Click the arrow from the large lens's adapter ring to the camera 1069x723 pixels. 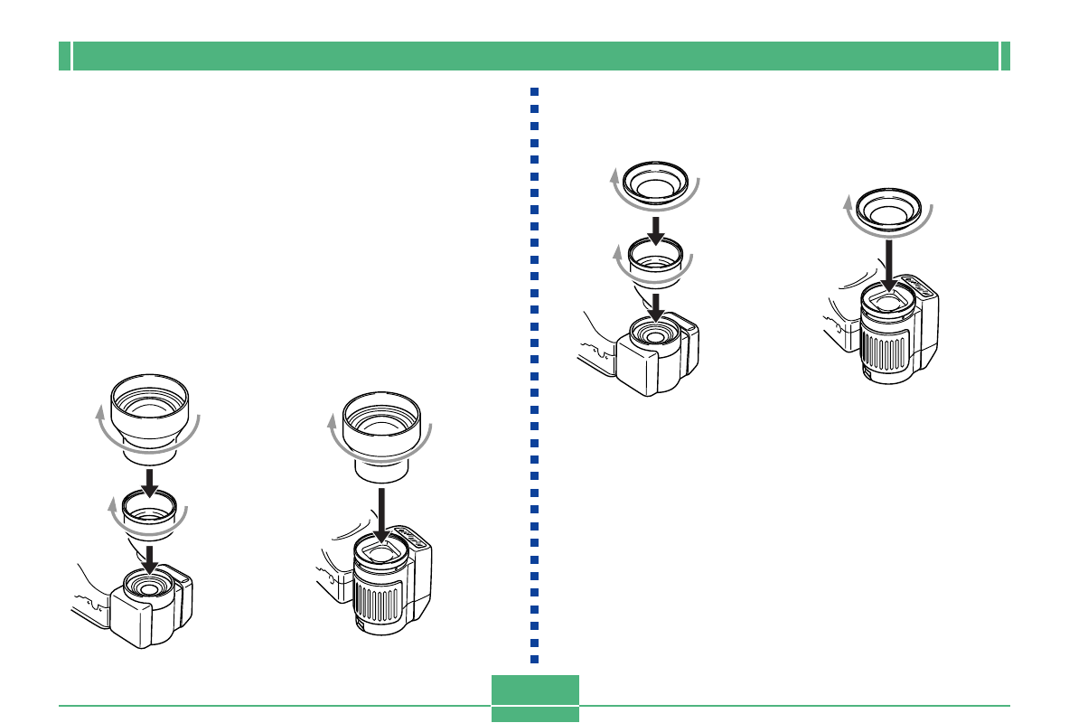point(150,554)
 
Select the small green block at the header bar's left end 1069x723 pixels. point(64,56)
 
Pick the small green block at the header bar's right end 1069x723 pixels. point(1005,56)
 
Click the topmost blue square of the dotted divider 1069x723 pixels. point(535,92)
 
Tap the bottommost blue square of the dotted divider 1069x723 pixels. point(535,658)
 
